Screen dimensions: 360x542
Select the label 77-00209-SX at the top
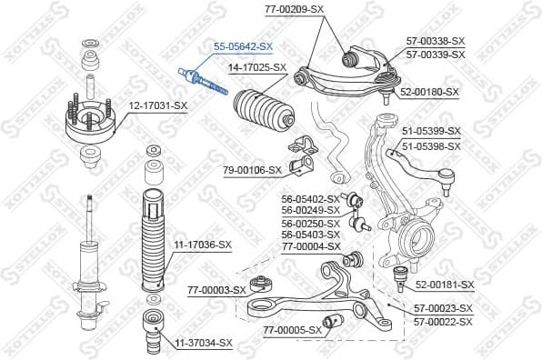295,8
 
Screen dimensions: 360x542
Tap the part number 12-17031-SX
157,106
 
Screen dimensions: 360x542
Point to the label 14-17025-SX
256,67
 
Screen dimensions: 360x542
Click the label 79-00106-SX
253,170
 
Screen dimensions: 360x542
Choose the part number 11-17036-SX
203,245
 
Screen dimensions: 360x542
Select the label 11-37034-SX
203,343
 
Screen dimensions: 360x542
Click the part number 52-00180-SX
431,92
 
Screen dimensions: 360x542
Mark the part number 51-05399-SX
433,131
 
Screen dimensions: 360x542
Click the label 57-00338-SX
436,41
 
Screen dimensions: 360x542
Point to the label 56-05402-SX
310,198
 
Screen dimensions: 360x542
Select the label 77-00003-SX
216,290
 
